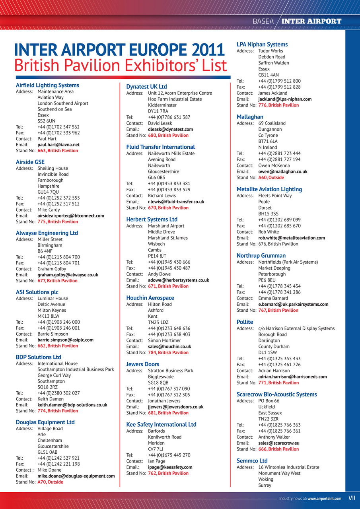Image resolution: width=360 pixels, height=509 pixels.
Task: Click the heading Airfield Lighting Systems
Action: click(x=47, y=85)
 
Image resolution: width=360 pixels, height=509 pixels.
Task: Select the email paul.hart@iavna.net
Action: click(x=58, y=145)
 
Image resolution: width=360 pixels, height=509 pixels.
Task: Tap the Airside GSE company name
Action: click(x=30, y=162)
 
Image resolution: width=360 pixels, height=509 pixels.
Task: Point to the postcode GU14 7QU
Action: click(x=48, y=192)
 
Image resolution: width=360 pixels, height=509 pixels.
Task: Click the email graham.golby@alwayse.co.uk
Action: click(x=68, y=274)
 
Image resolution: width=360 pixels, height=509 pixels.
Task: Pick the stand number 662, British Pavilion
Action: click(x=58, y=346)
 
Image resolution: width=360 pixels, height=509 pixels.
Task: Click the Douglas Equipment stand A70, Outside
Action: click(x=50, y=482)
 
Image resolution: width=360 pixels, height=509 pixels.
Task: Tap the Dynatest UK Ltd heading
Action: click(x=146, y=87)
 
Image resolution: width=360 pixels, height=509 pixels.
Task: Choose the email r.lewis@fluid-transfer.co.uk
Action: click(x=176, y=202)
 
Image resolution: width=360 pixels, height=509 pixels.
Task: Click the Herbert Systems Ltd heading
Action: click(x=152, y=220)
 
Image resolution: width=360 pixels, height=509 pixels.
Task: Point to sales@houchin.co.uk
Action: click(x=169, y=346)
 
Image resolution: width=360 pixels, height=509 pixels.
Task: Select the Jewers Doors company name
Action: click(x=143, y=364)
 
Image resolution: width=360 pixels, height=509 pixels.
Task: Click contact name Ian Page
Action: click(x=157, y=461)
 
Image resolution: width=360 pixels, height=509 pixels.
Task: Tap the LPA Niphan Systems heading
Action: click(x=262, y=45)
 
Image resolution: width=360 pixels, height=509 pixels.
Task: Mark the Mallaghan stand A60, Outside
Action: click(x=271, y=177)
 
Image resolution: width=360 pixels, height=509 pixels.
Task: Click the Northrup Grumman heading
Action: click(x=261, y=256)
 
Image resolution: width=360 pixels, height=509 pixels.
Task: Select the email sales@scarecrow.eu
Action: click(x=278, y=443)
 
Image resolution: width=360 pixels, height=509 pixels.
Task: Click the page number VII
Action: click(x=352, y=498)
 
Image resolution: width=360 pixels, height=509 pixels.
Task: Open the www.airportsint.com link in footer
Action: click(x=324, y=498)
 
